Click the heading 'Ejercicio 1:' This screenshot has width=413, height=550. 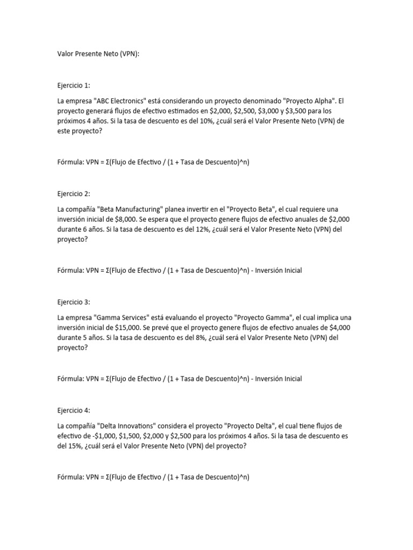74,85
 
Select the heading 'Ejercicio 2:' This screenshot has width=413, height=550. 74,194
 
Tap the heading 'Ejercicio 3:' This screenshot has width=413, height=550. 74,302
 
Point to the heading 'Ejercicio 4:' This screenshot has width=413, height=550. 74,411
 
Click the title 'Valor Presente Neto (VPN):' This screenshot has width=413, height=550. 98,54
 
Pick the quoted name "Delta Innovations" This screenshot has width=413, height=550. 126,426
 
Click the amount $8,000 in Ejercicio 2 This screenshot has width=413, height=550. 126,219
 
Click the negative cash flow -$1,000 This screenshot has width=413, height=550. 96,436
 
